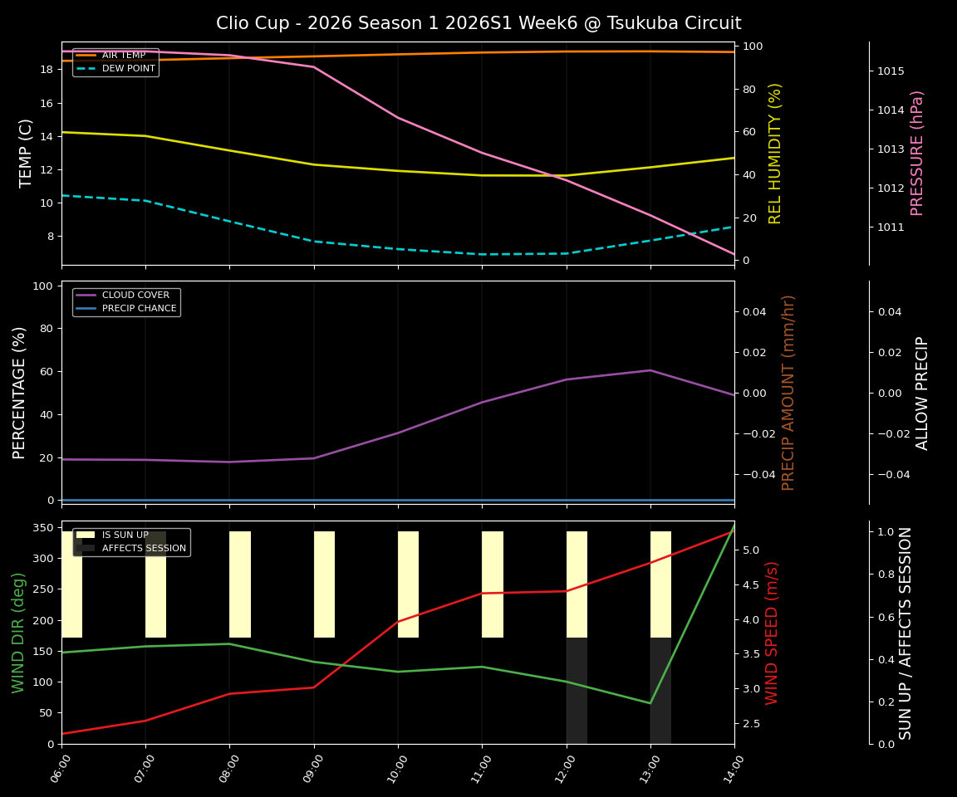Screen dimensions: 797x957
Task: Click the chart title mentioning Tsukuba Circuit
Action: (478, 23)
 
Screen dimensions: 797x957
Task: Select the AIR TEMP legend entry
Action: (123, 56)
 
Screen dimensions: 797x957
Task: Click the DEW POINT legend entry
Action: (128, 69)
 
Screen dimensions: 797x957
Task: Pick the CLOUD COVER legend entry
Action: (135, 296)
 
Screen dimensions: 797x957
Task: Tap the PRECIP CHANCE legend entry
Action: (139, 309)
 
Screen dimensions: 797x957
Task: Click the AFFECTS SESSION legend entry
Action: (144, 548)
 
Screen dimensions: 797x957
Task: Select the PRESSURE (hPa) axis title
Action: (917, 153)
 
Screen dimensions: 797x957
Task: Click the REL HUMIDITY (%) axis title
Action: (776, 153)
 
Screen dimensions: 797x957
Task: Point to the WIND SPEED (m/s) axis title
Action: (773, 633)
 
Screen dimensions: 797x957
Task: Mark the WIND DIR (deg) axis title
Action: (18, 633)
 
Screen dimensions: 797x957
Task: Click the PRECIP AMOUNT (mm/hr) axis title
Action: (789, 393)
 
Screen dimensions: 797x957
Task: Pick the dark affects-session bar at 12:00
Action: (577, 690)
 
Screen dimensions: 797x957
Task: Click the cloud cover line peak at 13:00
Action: (650, 370)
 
